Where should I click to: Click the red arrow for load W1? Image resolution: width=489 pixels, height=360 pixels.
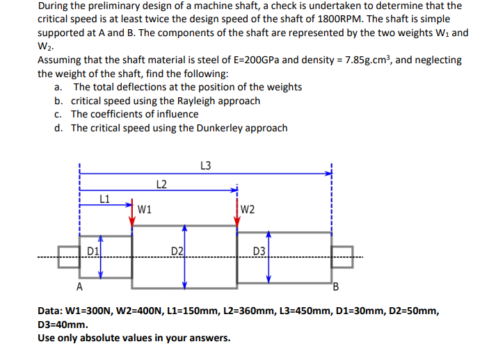click(x=131, y=217)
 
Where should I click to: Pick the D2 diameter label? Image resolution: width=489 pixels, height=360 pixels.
click(x=177, y=250)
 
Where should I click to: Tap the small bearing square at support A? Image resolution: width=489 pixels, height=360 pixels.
click(x=69, y=255)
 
